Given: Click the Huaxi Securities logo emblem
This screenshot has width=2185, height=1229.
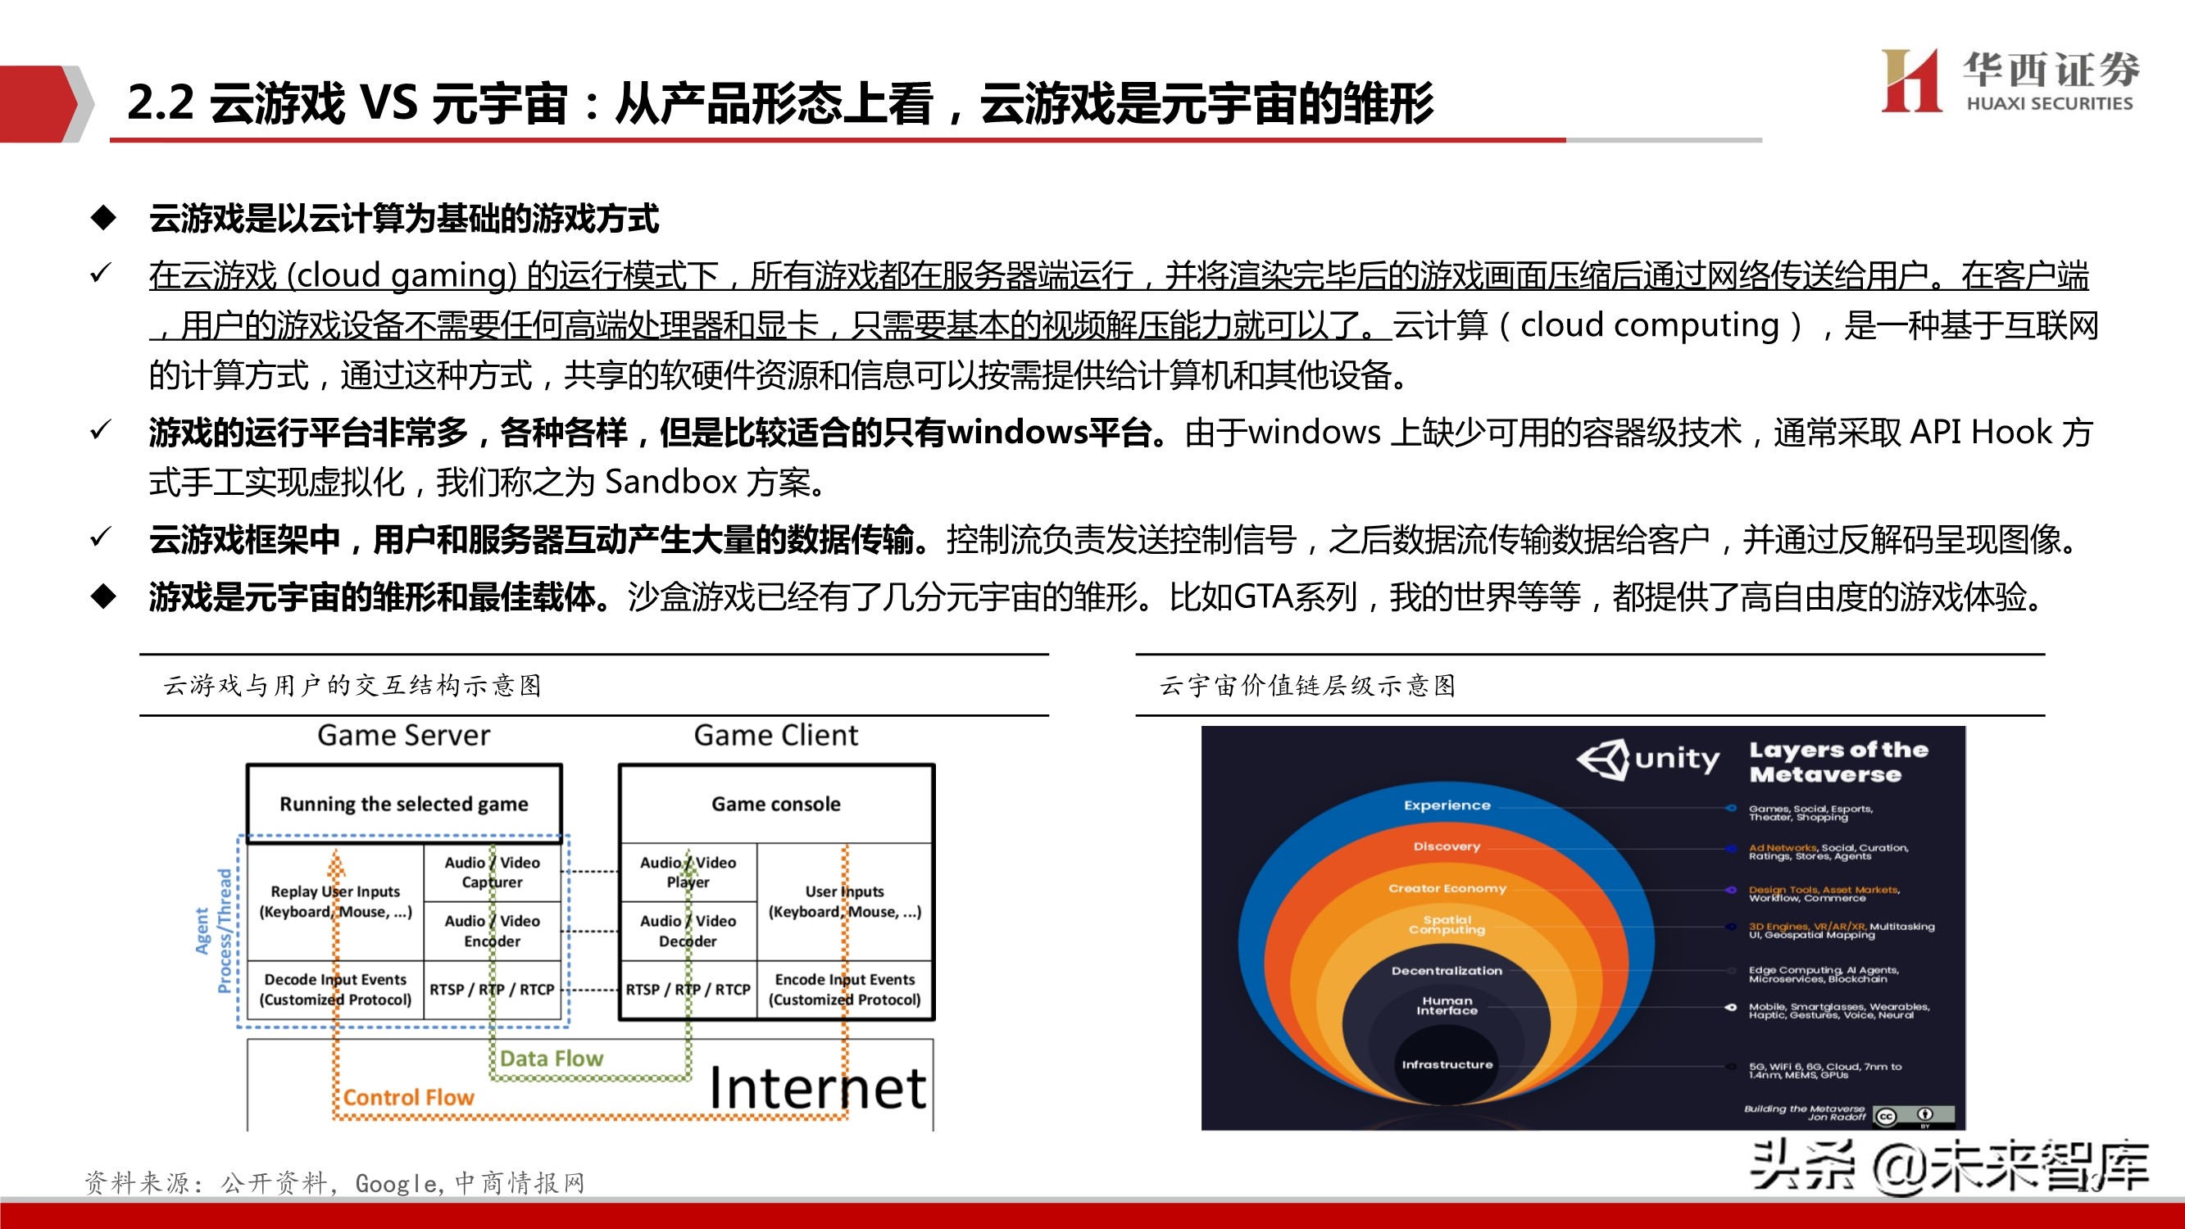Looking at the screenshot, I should pos(1910,80).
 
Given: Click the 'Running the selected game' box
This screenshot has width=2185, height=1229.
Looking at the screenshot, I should pos(404,803).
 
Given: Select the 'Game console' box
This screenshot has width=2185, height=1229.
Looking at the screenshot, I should pos(776,803).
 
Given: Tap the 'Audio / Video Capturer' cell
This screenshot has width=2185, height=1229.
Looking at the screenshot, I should pos(492,872).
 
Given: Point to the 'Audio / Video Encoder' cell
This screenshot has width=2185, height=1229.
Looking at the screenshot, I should pos(492,931).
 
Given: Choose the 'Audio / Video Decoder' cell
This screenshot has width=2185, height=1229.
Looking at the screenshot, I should pos(688,931).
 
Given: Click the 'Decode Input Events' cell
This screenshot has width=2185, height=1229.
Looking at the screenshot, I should pos(335,989).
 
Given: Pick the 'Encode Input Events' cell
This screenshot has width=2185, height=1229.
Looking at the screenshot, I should pos(845,989).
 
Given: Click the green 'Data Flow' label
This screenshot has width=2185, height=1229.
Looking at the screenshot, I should pos(552,1059).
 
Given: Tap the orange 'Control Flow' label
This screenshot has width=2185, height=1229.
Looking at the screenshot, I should pos(409,1098).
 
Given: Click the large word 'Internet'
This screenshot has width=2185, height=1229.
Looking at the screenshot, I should pos(817,1088).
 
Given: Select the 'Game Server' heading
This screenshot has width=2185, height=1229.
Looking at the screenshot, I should pos(404,734).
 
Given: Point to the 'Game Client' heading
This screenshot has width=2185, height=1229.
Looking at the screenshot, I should pos(776,734).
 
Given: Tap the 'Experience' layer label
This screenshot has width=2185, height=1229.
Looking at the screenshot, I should pos(1447,805).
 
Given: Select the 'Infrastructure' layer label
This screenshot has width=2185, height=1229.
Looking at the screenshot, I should pos(1447,1064).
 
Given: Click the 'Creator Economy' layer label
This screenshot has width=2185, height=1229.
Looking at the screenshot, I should pos(1447,888).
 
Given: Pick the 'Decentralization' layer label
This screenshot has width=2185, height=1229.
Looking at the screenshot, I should pos(1447,970).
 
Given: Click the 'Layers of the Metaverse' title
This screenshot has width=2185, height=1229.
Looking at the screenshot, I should pos(1838,762).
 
